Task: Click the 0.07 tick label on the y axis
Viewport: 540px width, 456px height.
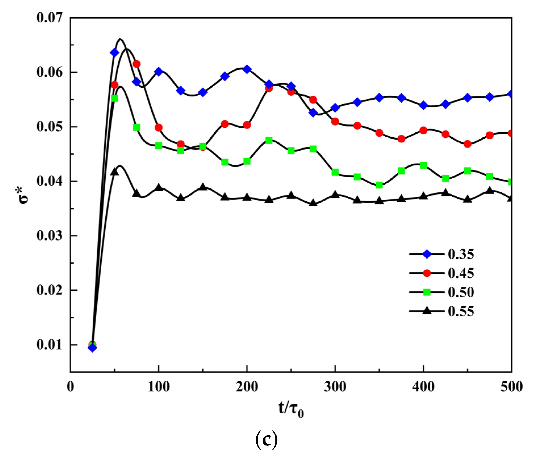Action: click(49, 18)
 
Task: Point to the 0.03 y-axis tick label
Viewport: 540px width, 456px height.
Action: click(49, 236)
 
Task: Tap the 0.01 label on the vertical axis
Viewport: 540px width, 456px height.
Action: click(49, 344)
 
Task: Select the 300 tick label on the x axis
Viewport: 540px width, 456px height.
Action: click(335, 387)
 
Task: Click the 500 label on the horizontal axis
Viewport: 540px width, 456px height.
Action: click(511, 387)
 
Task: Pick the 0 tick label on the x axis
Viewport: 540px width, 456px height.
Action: click(70, 387)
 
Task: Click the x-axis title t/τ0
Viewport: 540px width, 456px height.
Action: click(291, 409)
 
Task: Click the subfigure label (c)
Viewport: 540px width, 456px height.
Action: click(266, 440)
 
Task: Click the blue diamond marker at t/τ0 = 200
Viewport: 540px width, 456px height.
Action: click(247, 69)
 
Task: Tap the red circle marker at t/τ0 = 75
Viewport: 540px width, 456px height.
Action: click(137, 64)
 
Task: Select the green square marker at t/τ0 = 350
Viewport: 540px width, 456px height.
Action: click(379, 185)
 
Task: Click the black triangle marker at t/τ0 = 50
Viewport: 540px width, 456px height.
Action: click(114, 172)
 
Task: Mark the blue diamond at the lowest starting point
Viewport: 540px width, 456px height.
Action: click(92, 348)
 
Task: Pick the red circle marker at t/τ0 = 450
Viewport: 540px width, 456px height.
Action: click(468, 144)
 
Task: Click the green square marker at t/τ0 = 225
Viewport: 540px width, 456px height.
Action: click(269, 140)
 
